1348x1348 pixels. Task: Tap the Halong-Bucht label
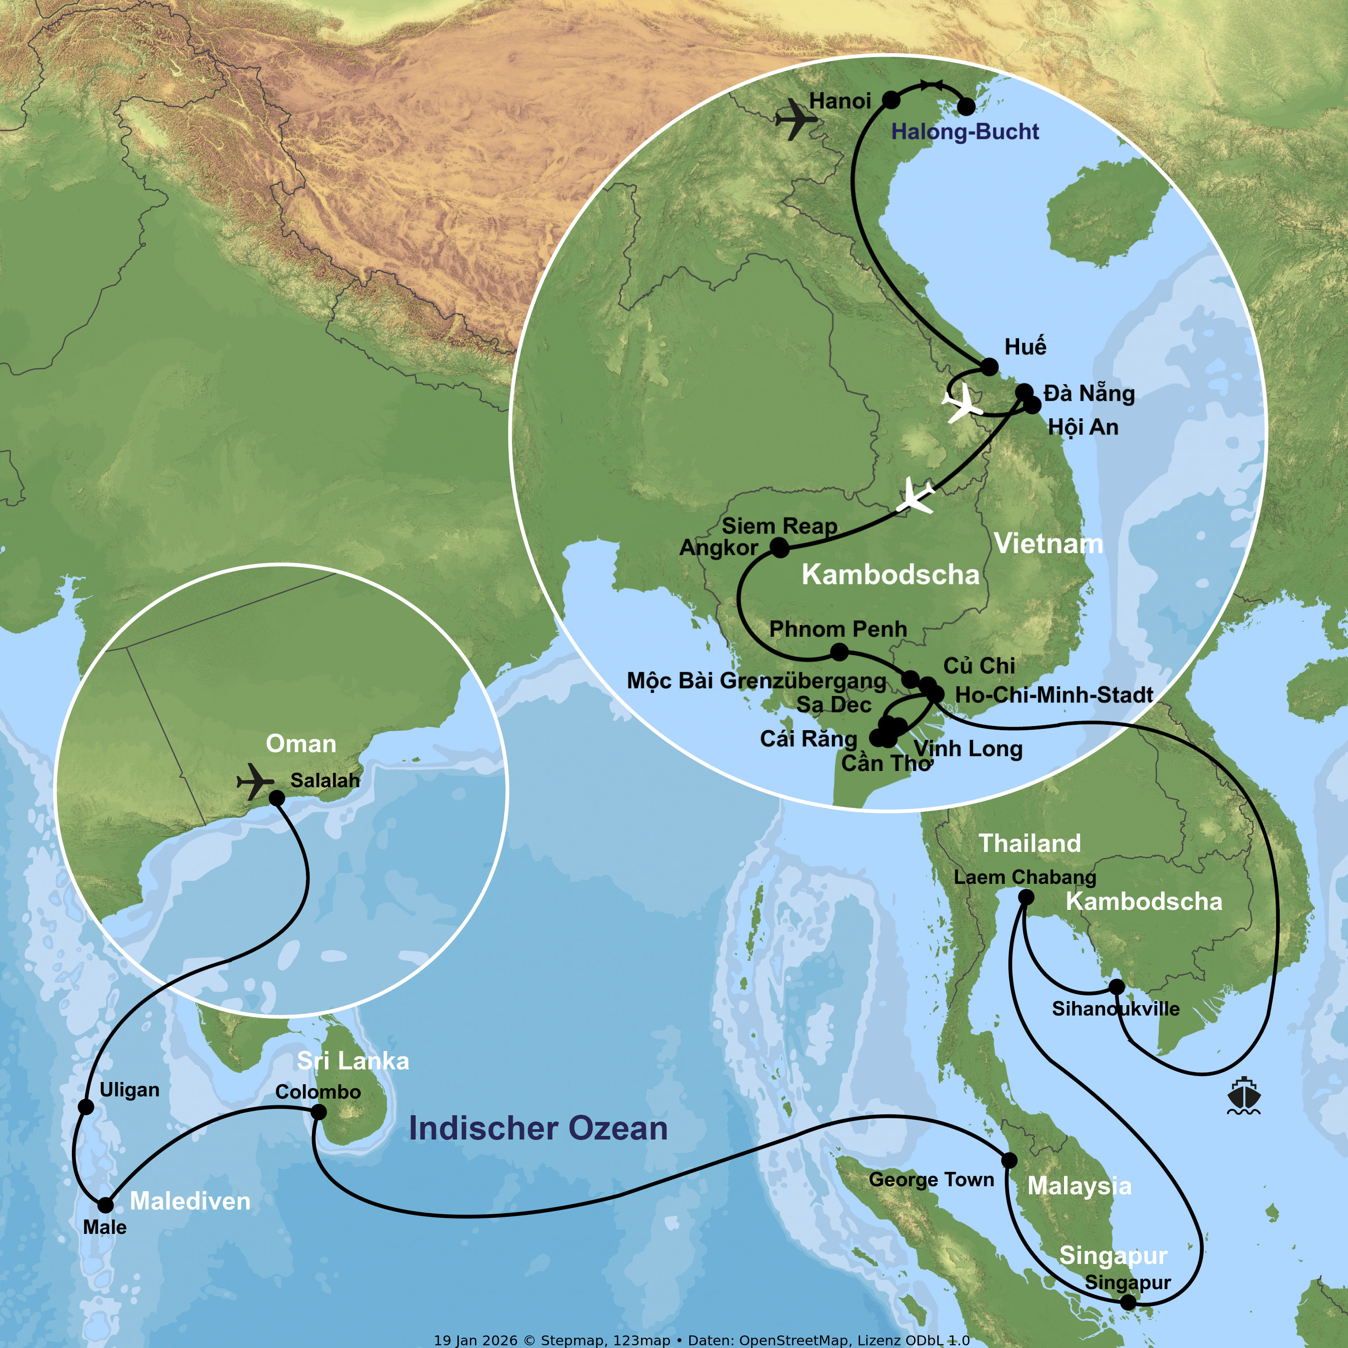point(965,131)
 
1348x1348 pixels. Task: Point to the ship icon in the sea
point(1243,1096)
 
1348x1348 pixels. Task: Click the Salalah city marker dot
point(277,798)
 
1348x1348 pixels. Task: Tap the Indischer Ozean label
point(538,1128)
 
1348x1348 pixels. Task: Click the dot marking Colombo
point(318,1112)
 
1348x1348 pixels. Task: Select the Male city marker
point(105,1205)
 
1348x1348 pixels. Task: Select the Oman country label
point(301,744)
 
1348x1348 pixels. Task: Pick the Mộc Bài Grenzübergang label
point(756,680)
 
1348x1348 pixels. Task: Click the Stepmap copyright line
point(701,1339)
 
